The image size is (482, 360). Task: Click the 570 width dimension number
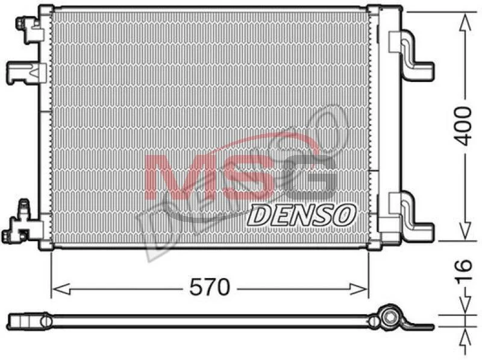[210, 287]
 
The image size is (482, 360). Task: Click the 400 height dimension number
[463, 126]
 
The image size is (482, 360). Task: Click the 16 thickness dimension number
[463, 271]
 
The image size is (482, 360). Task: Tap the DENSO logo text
[302, 215]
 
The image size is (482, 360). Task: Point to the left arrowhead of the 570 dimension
[61, 289]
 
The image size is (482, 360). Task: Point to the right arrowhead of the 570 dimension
[358, 289]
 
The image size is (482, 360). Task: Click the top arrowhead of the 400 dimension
[465, 24]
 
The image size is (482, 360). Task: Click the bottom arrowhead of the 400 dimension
[465, 230]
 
